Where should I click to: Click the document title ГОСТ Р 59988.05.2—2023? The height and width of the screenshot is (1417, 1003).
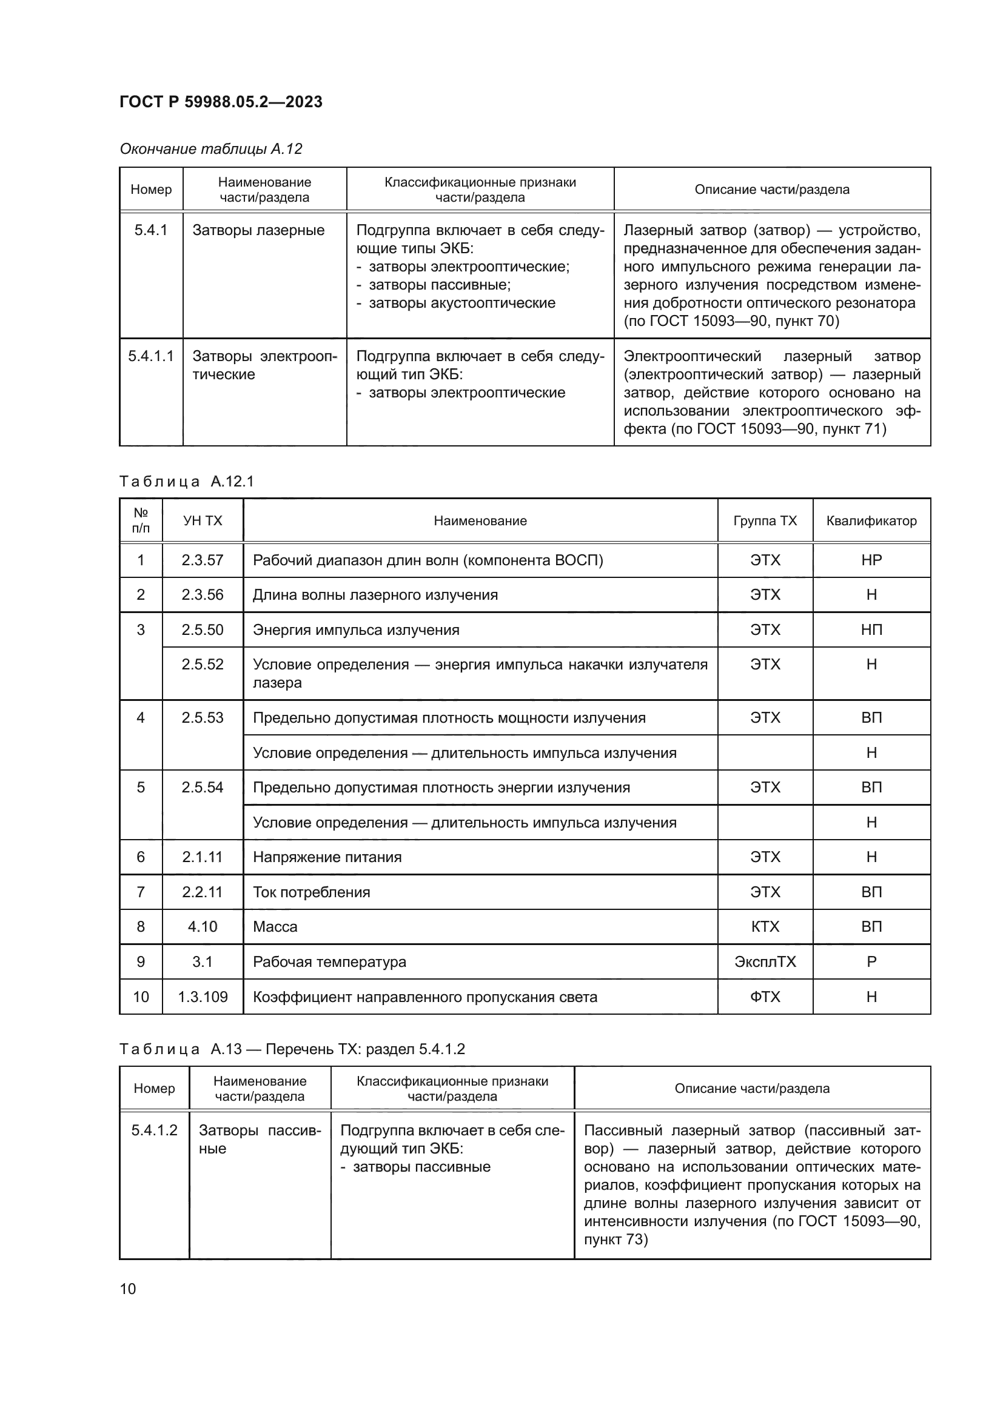(221, 102)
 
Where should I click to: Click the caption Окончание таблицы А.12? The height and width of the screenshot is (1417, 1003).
(210, 149)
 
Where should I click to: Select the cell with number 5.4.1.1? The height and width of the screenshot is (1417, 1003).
(151, 356)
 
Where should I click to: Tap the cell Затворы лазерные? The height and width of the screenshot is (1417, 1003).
(258, 230)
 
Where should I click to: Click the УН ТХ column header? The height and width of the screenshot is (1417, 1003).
(203, 520)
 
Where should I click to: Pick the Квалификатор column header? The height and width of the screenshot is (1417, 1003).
(871, 520)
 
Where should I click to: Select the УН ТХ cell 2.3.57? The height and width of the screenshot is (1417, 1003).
(203, 560)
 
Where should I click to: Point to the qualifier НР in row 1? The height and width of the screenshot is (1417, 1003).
(871, 560)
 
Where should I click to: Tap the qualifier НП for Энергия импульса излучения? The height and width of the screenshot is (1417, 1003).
(871, 629)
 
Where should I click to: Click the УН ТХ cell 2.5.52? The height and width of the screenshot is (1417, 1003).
(203, 664)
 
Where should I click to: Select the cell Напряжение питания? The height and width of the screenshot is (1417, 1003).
(327, 857)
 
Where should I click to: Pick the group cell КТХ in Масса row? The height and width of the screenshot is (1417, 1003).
(765, 926)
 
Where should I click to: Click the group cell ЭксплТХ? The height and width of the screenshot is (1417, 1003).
(765, 961)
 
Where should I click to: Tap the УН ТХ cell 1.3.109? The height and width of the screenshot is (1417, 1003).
(203, 997)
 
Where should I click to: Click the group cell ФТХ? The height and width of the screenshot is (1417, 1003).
(765, 997)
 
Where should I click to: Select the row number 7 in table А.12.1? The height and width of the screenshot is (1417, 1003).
(141, 892)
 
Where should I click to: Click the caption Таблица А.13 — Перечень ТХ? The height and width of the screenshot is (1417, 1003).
(292, 1049)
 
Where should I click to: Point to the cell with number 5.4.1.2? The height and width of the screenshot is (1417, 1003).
(154, 1130)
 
